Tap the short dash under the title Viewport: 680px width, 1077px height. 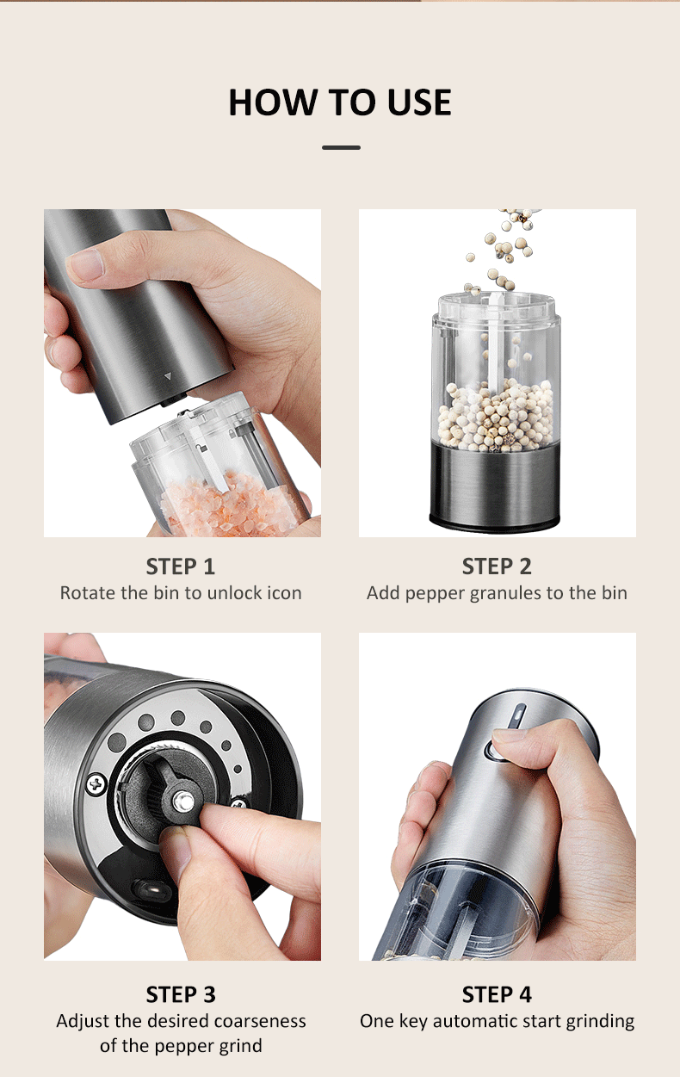pyautogui.click(x=341, y=147)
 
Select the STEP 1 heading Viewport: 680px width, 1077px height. pyautogui.click(x=181, y=566)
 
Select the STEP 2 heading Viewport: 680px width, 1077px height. pyautogui.click(x=497, y=566)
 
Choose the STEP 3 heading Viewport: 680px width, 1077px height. pyautogui.click(x=181, y=994)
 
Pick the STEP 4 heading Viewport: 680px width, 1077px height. pyautogui.click(x=497, y=994)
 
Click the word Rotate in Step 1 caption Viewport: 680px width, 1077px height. pyautogui.click(x=86, y=593)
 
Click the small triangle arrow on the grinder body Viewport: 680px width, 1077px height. pyautogui.click(x=168, y=376)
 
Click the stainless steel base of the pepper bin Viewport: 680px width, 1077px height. pyautogui.click(x=495, y=486)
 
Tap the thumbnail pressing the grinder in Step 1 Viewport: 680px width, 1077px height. pyautogui.click(x=87, y=264)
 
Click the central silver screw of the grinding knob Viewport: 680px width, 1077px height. pyautogui.click(x=182, y=802)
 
